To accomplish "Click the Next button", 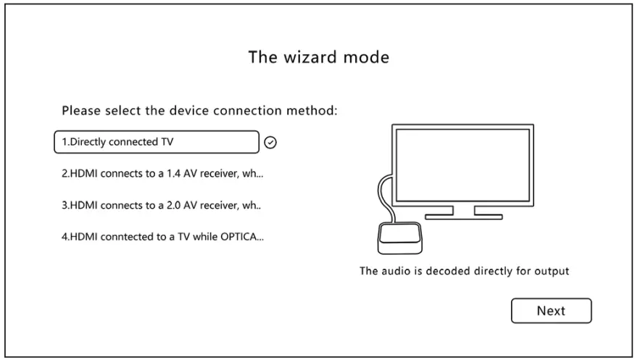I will pos(551,311).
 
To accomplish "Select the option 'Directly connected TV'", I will pos(156,142).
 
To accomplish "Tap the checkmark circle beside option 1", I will pos(270,143).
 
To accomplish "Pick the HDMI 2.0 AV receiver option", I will pos(160,205).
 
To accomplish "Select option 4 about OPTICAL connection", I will pos(162,237).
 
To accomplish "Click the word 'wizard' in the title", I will pos(307,56).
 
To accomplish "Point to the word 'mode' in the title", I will pos(367,57).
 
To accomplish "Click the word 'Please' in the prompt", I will pos(81,112).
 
